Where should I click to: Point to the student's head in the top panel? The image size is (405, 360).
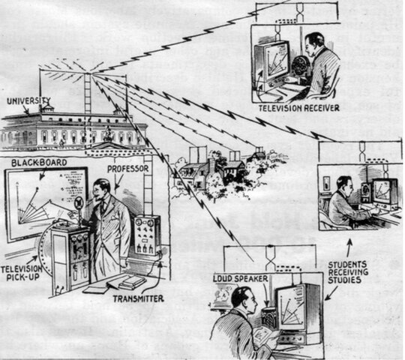[x=314, y=43]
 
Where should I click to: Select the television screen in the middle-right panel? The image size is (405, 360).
[x=384, y=193]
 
